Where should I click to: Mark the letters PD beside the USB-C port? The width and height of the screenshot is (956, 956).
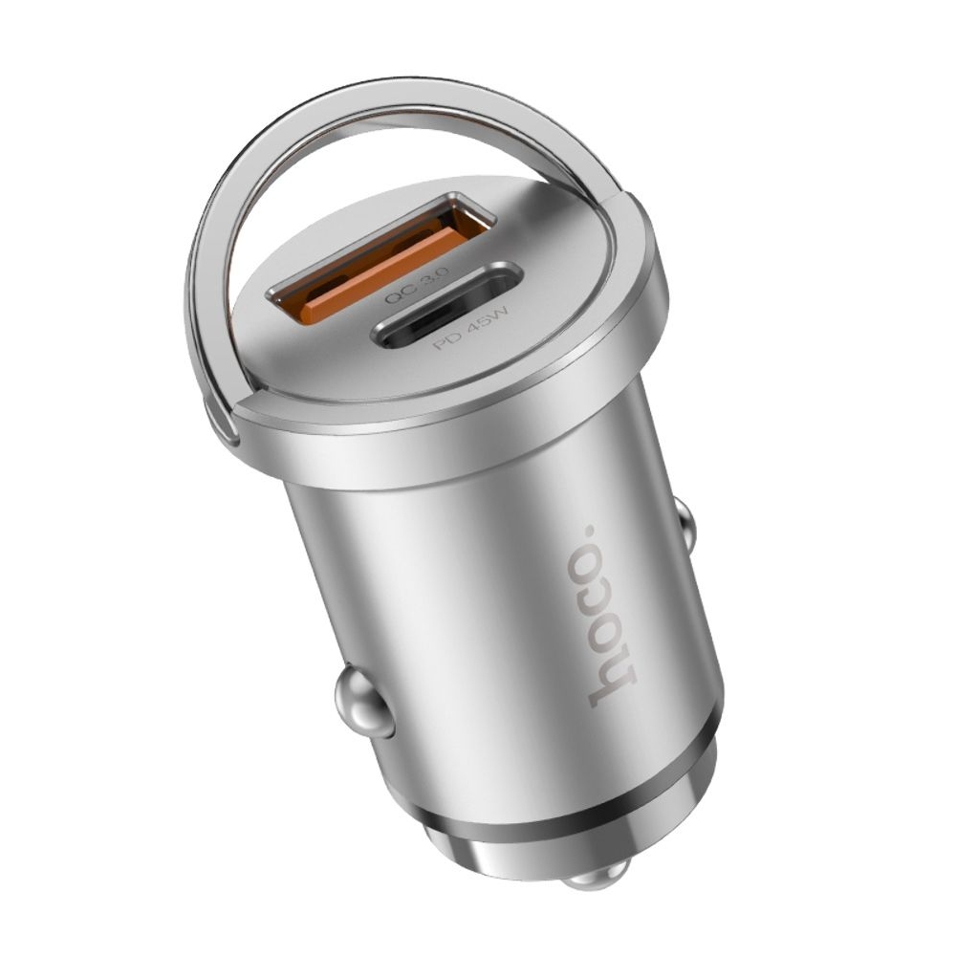tap(446, 340)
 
